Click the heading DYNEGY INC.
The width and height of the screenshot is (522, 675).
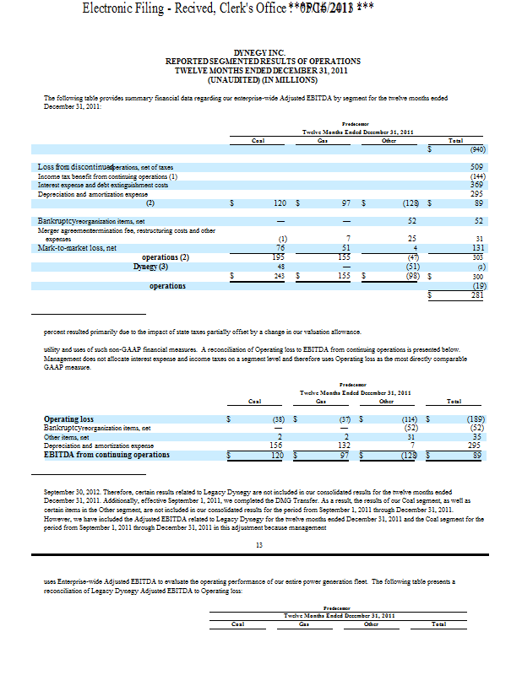coord(263,52)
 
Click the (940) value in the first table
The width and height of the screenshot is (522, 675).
coord(476,148)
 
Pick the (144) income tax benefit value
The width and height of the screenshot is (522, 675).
coord(476,176)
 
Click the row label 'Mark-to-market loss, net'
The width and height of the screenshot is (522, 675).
coord(78,248)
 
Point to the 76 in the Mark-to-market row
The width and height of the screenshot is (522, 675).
coord(283,248)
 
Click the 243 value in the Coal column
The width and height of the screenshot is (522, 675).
coord(281,276)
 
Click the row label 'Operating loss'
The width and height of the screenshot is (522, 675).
coord(68,419)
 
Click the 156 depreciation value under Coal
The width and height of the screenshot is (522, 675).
coord(275,445)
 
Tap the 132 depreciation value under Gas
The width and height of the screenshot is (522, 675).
coord(344,445)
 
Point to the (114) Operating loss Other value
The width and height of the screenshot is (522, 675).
coord(410,419)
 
